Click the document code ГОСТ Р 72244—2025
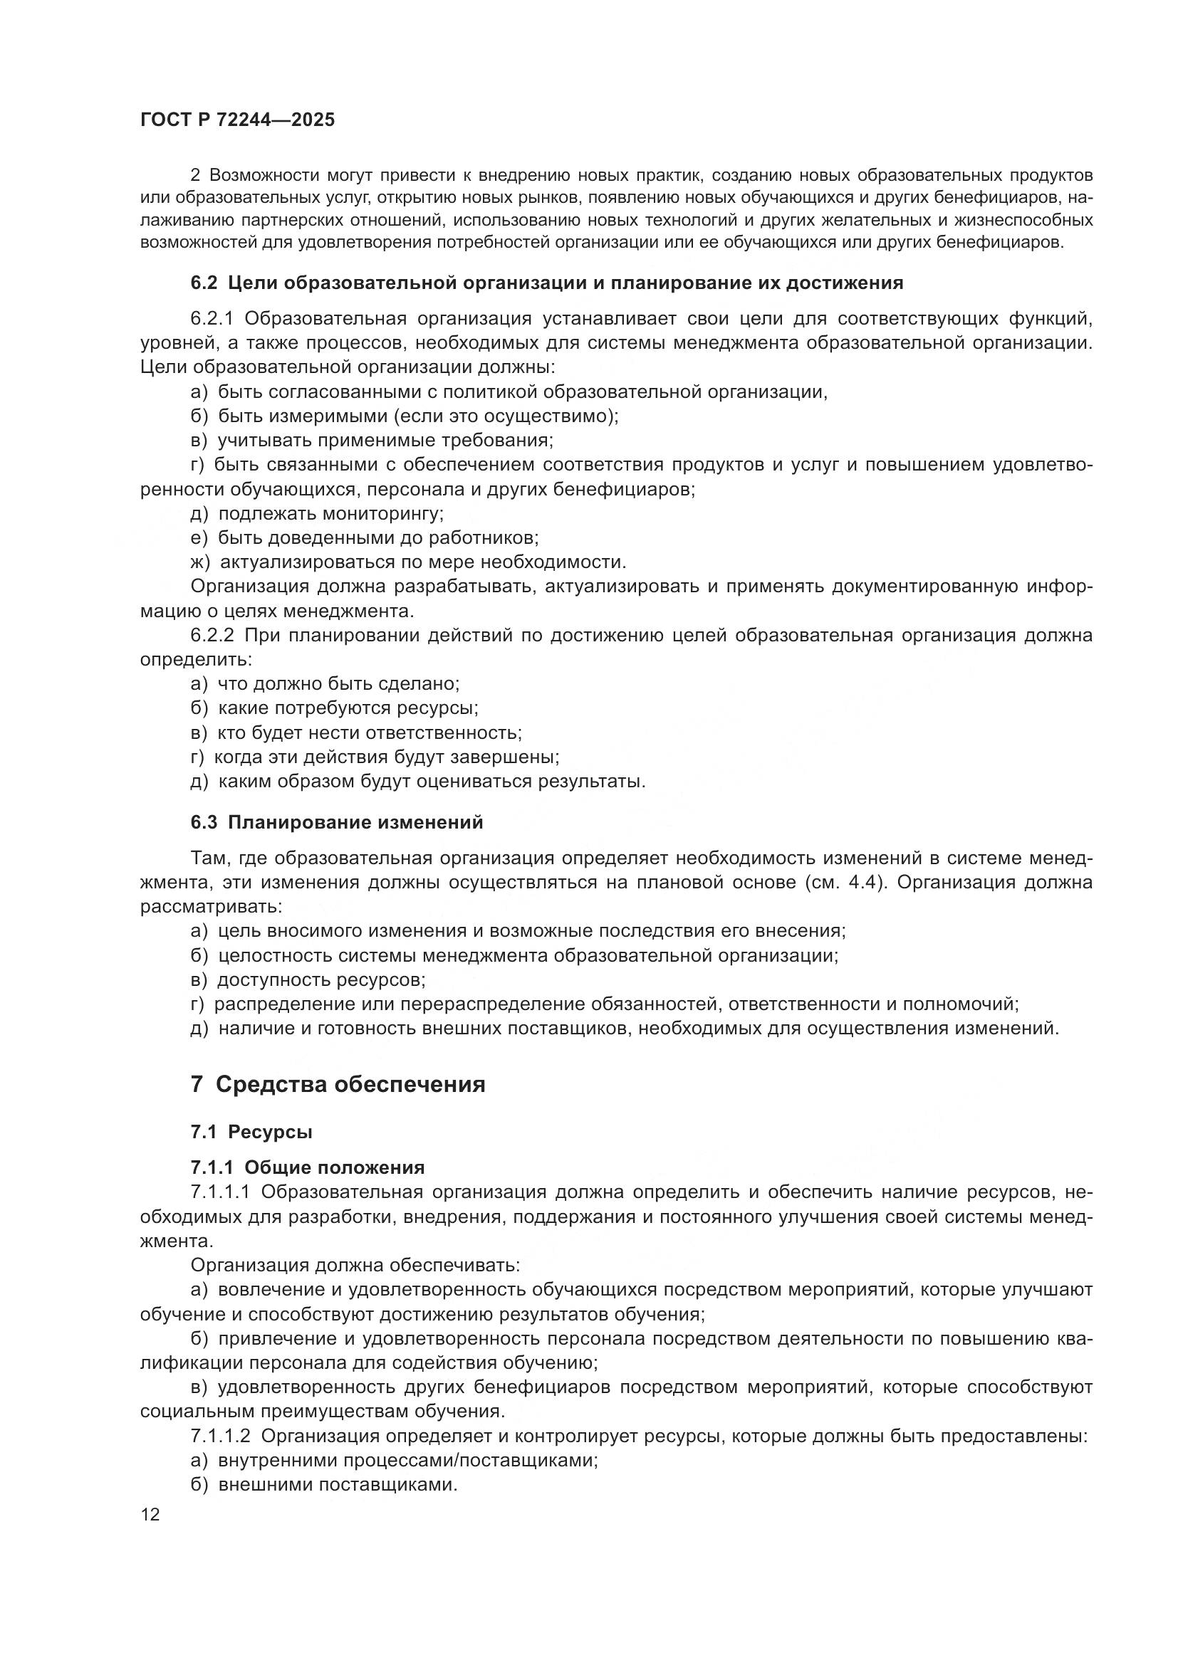point(237,120)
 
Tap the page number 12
point(150,1514)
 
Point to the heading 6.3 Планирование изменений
point(337,822)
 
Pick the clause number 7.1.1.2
point(220,1436)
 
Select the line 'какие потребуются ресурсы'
point(348,708)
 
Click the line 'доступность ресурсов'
point(321,979)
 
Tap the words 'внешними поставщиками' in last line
point(338,1484)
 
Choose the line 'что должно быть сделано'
point(338,683)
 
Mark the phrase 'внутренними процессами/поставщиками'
point(407,1460)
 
